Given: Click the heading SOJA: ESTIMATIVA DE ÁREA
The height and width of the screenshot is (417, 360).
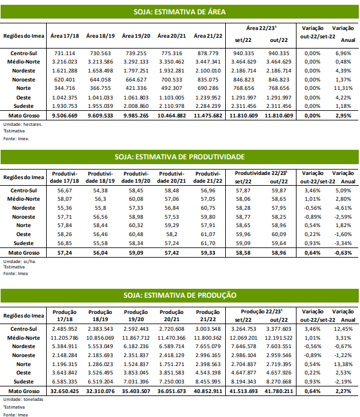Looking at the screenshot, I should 179,11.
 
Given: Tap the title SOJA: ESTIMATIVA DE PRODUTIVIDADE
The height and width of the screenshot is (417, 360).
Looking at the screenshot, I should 179,156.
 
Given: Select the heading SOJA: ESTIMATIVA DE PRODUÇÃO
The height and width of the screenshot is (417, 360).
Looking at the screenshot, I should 179,295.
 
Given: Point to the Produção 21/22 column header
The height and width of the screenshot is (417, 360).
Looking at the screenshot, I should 208,315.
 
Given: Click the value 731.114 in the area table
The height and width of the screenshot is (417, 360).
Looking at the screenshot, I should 64,53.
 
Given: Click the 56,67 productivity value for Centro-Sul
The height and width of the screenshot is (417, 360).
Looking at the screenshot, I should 64,190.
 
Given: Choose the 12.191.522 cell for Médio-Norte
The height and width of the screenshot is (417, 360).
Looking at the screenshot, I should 276,338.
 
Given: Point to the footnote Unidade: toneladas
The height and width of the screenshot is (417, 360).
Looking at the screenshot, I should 20,399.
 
